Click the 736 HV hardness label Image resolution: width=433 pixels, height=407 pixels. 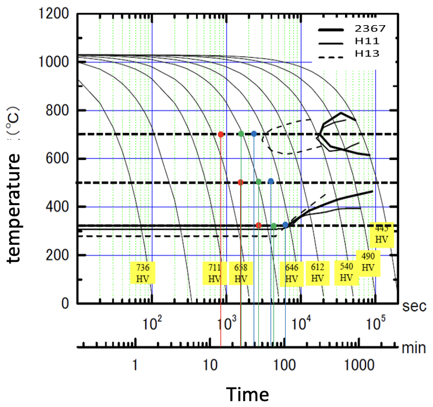(143, 273)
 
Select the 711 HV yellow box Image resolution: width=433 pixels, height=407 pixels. (214, 273)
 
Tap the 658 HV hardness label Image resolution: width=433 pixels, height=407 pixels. (241, 273)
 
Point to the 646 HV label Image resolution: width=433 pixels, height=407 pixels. (292, 273)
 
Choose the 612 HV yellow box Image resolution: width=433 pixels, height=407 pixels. (318, 273)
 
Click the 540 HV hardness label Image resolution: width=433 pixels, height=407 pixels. (347, 272)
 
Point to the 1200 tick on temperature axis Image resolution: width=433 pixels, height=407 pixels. (54, 14)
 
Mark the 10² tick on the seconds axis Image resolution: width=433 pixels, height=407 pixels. (153, 323)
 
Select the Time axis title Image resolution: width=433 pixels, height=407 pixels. (247, 394)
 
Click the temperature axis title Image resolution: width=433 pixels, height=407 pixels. (14, 206)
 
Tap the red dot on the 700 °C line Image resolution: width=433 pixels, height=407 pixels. (221, 134)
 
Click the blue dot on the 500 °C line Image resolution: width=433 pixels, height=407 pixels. (271, 182)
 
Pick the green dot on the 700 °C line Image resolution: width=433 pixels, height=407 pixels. (241, 134)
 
